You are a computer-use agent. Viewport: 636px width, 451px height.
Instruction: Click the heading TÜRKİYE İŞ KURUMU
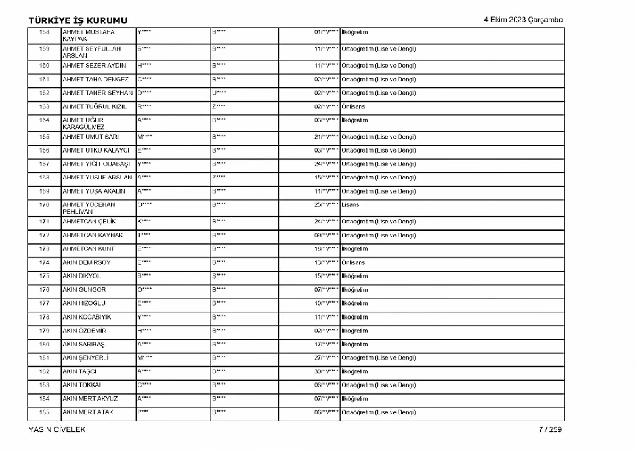pyautogui.click(x=78, y=20)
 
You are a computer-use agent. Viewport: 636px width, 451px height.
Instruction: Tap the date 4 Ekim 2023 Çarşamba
pyautogui.click(x=523, y=20)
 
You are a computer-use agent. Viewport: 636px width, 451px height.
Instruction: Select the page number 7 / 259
pyautogui.click(x=550, y=429)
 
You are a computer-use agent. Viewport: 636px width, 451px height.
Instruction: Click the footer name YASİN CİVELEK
pyautogui.click(x=57, y=429)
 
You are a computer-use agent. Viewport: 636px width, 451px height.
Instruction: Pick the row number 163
pyautogui.click(x=44, y=107)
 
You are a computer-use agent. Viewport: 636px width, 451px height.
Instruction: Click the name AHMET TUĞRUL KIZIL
pyautogui.click(x=95, y=107)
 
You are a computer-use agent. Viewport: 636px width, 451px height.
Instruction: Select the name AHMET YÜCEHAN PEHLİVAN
pyautogui.click(x=89, y=208)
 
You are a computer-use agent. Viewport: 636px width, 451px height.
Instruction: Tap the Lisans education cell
pyautogui.click(x=350, y=205)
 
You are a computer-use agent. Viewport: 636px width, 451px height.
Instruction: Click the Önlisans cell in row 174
pyautogui.click(x=353, y=262)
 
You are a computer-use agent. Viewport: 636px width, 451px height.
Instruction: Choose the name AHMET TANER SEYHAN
pyautogui.click(x=98, y=93)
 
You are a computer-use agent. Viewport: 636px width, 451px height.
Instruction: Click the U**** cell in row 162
pyautogui.click(x=219, y=93)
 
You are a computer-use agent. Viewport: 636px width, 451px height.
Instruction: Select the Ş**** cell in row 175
pyautogui.click(x=219, y=276)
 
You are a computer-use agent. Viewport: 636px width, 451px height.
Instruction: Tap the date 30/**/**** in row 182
pyautogui.click(x=326, y=371)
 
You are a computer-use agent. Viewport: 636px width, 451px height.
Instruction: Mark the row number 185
pyautogui.click(x=44, y=412)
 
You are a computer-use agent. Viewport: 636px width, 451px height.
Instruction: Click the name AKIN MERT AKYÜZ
pyautogui.click(x=90, y=399)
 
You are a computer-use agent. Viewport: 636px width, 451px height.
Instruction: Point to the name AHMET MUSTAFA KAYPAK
pyautogui.click(x=88, y=35)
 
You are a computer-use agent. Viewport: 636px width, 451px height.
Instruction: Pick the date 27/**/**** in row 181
pyautogui.click(x=326, y=358)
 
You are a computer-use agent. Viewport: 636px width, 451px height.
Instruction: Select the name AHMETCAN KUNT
pyautogui.click(x=88, y=249)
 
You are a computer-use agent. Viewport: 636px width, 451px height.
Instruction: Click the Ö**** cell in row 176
pyautogui.click(x=144, y=290)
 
